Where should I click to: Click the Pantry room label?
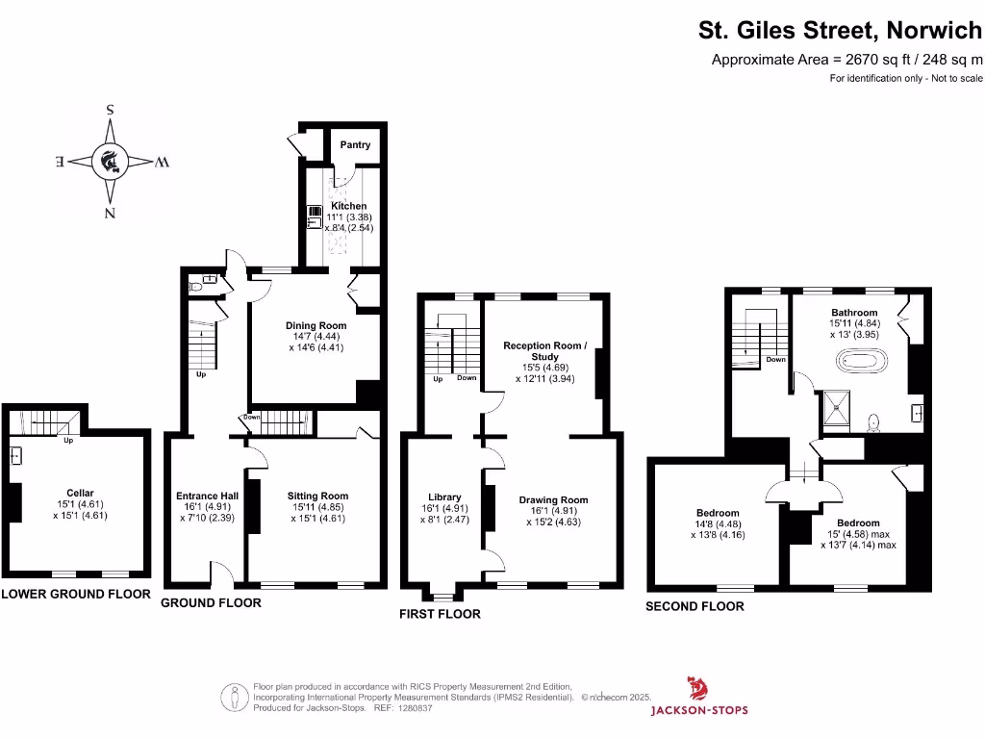tap(355, 145)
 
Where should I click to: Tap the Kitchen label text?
tap(349, 206)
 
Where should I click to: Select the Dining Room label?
tap(316, 325)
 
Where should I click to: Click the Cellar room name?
tap(80, 493)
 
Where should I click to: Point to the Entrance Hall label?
tap(206, 497)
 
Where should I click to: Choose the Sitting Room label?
tap(317, 497)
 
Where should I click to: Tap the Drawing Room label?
tap(553, 500)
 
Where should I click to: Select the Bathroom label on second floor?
tap(854, 313)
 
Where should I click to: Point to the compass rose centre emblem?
tap(111, 161)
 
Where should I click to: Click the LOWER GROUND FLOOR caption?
tap(76, 594)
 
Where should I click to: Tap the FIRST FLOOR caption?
tap(440, 614)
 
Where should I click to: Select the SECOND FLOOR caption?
tap(695, 606)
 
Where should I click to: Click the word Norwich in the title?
tap(930, 31)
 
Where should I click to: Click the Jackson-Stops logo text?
tap(699, 711)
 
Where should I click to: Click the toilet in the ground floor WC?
tap(196, 286)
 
